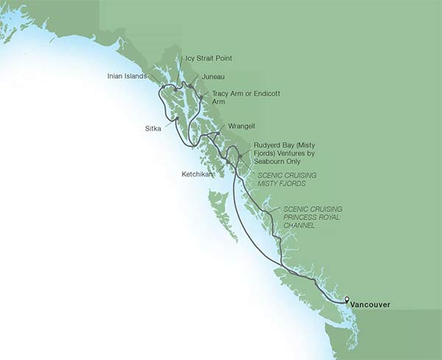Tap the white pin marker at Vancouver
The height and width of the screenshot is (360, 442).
tap(348, 300)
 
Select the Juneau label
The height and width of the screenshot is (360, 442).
tap(211, 76)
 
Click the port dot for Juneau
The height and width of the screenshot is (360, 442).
tap(190, 86)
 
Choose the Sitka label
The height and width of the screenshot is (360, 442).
tap(153, 127)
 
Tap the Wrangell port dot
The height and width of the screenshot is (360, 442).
tap(218, 133)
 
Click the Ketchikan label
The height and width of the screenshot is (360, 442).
tap(197, 174)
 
